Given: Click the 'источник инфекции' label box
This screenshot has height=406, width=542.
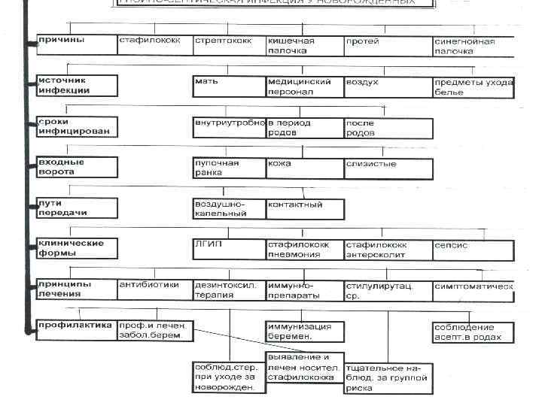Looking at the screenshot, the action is (x=77, y=86).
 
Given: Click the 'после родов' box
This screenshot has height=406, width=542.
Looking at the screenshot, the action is (x=388, y=127).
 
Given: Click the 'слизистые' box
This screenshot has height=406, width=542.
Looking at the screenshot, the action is (x=388, y=167).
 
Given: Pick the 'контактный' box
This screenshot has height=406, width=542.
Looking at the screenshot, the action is (x=305, y=208).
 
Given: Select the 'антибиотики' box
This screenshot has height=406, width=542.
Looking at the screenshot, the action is (x=154, y=289).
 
